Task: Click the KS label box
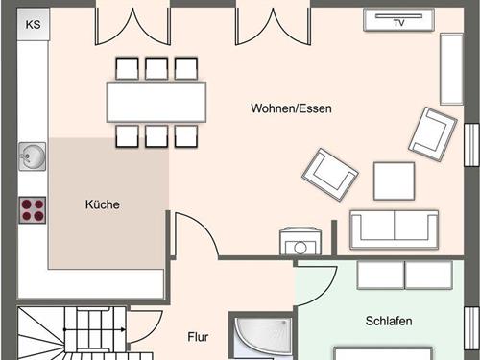[x=33, y=24]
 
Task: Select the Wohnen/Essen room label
[x=292, y=108]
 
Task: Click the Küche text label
[x=102, y=204]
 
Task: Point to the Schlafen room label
[x=389, y=320]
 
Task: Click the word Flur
[x=198, y=338]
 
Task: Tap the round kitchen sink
[x=32, y=155]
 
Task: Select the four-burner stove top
[x=33, y=210]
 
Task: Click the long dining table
[x=156, y=100]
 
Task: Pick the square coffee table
[x=394, y=180]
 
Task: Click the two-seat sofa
[x=393, y=228]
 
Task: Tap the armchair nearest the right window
[x=432, y=132]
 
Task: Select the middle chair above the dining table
[x=156, y=67]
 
